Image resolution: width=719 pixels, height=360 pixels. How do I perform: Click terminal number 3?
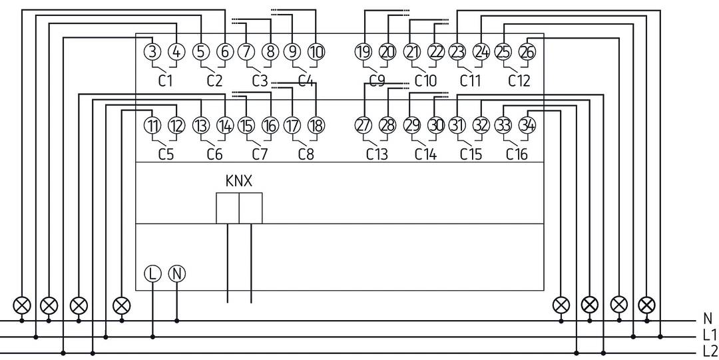pos(152,52)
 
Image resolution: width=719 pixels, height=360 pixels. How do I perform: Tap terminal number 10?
pos(316,52)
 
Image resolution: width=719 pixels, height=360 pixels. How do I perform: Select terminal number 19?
pos(363,52)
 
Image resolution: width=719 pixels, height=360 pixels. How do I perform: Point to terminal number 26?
pos(527,52)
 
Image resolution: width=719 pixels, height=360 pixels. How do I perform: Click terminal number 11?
pos(152,125)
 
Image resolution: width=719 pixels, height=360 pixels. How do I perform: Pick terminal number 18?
pos(316,125)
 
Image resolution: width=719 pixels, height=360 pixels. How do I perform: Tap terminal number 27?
pos(363,125)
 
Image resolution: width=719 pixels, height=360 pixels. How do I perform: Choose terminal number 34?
pos(527,125)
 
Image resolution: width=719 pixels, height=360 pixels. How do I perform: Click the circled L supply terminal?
pos(152,273)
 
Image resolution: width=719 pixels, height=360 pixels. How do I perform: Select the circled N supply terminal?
pos(176,273)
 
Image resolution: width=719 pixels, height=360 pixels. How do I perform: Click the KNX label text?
pos(239,181)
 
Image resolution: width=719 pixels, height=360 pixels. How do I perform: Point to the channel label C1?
pos(166,81)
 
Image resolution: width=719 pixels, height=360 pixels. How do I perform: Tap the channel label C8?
pos(306,155)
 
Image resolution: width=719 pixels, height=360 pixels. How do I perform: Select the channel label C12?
pos(519,81)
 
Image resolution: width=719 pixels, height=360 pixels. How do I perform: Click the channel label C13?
pos(377,155)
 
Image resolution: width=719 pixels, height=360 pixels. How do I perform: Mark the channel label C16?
pos(517,155)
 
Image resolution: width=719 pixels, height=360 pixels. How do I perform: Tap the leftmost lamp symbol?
pos(23,305)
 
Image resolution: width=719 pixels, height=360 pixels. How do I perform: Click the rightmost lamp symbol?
pos(646,305)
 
